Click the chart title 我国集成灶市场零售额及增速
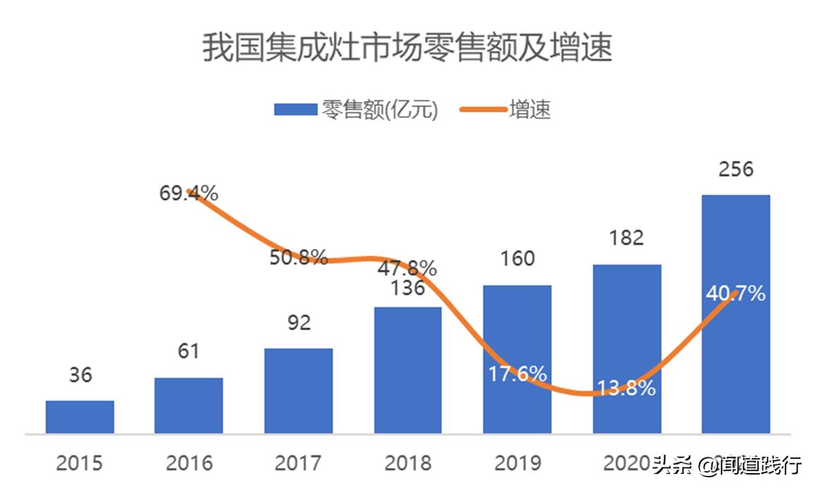click(x=407, y=48)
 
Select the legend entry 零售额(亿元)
click(x=356, y=109)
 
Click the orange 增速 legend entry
click(x=505, y=109)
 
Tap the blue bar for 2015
click(x=80, y=417)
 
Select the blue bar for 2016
click(x=188, y=405)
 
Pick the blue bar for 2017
click(x=298, y=390)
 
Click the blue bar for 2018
click(x=407, y=370)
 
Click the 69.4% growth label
click(x=188, y=192)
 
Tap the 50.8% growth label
click(x=298, y=257)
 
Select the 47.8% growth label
click(x=407, y=268)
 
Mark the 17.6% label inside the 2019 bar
click(x=517, y=374)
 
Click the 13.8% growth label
click(x=626, y=388)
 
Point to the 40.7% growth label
click(x=736, y=293)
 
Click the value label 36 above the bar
click(x=80, y=375)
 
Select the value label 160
click(x=517, y=259)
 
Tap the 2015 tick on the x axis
click(x=80, y=464)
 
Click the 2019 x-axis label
click(x=517, y=464)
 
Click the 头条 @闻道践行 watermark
click(x=727, y=465)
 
